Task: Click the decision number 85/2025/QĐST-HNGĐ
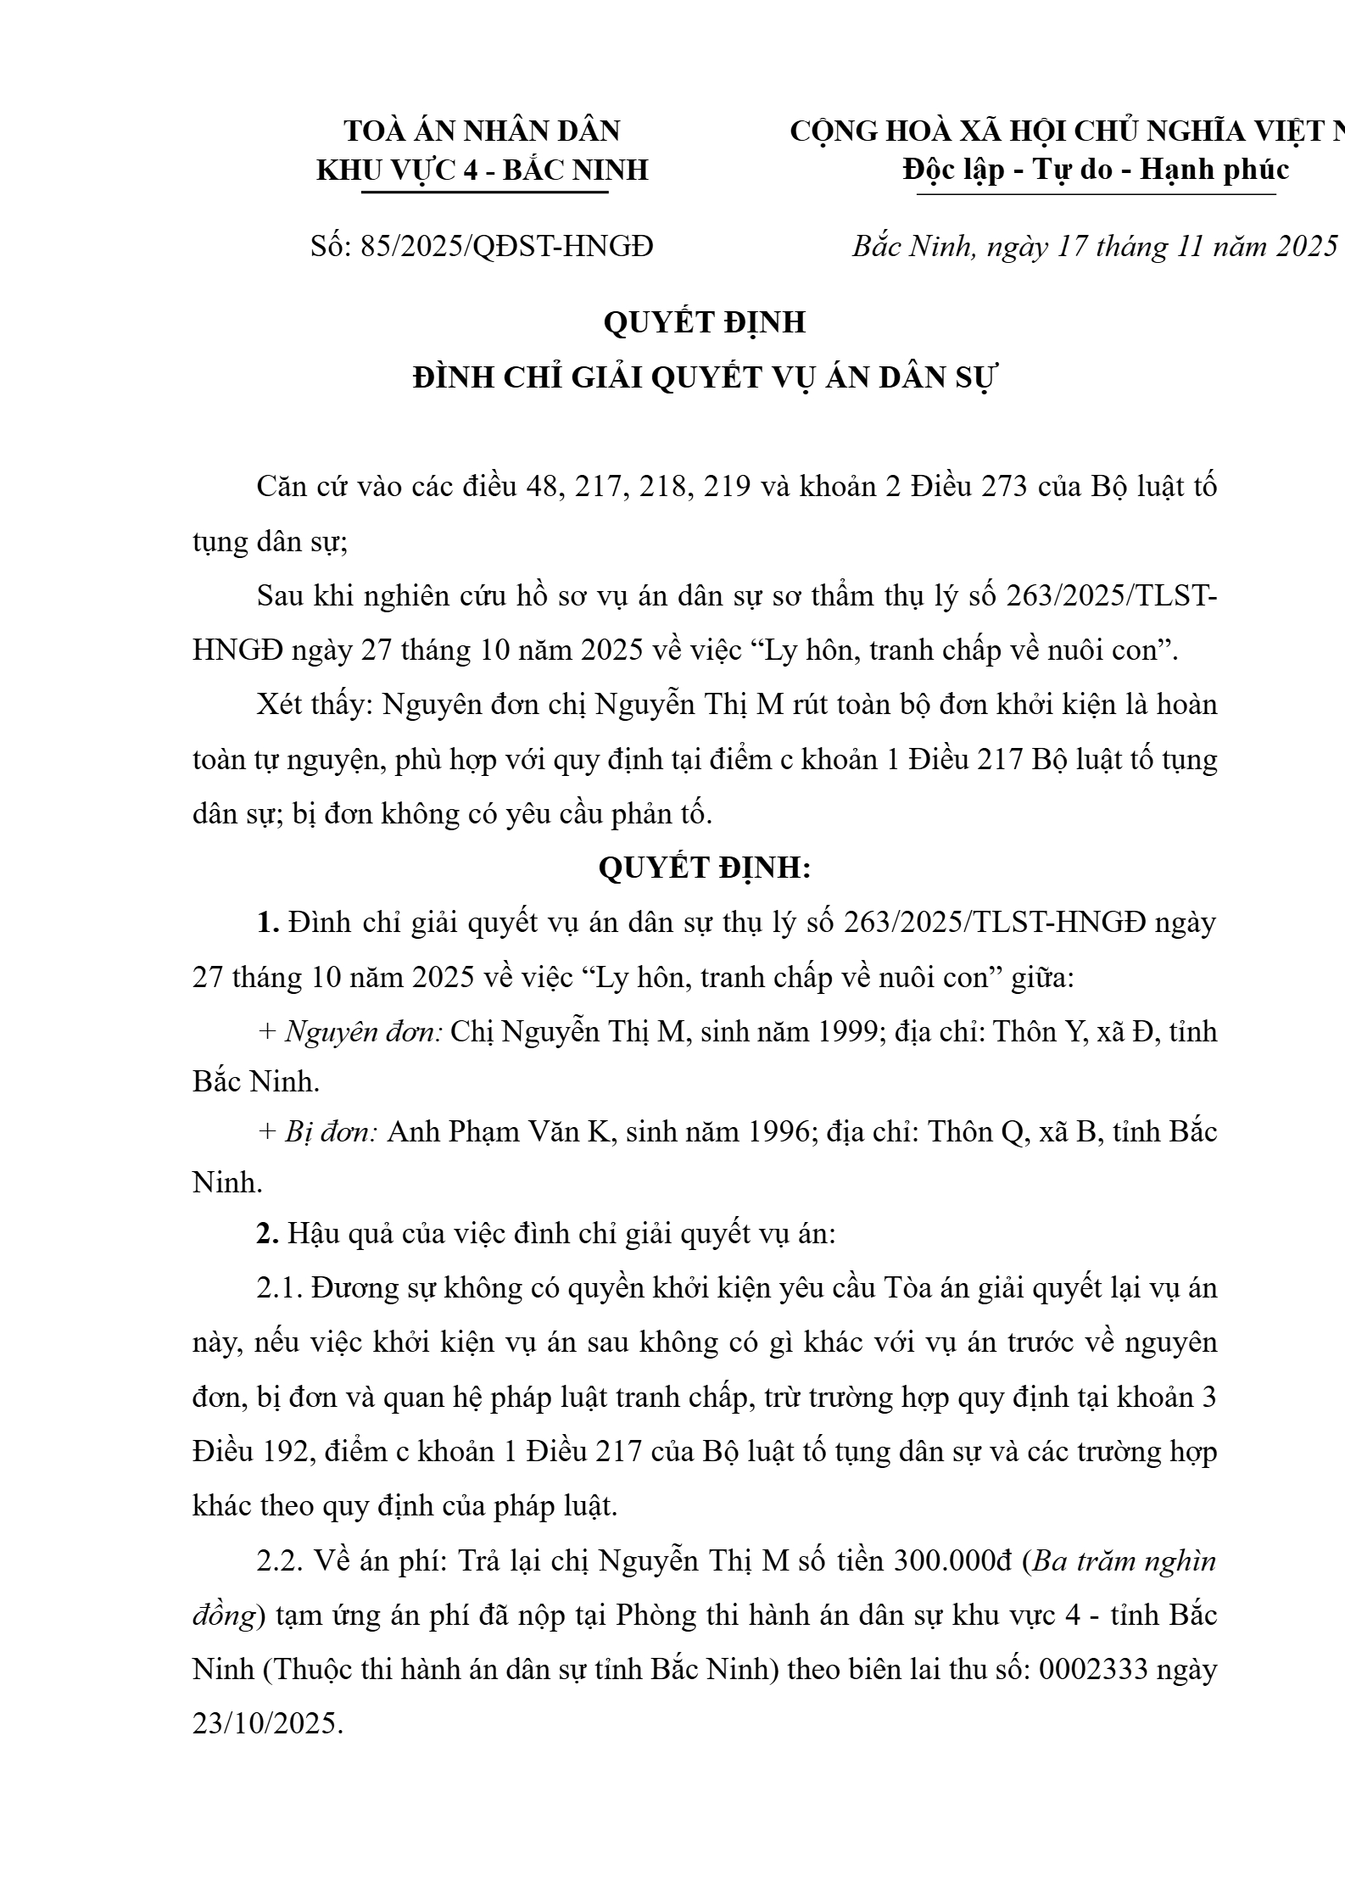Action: coord(506,247)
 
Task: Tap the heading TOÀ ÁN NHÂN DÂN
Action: coord(482,131)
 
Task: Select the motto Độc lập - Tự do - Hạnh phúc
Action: coord(1096,170)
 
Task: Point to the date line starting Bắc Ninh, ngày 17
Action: coord(1095,247)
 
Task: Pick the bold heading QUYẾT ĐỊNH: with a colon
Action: coord(705,868)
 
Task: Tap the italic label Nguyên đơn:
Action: coord(364,1032)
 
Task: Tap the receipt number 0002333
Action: coord(1093,1670)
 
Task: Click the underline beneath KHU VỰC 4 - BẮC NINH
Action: coord(484,193)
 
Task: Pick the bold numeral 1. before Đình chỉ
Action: coord(268,924)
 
